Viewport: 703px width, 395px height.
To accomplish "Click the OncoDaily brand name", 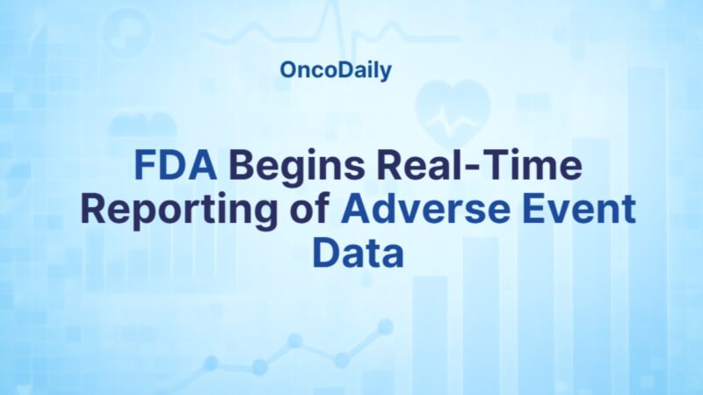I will point(336,71).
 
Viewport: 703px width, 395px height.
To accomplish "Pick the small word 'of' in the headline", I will point(311,212).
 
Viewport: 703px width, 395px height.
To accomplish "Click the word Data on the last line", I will point(358,253).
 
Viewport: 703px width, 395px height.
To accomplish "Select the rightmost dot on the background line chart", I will point(385,327).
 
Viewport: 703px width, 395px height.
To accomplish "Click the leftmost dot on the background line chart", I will point(211,363).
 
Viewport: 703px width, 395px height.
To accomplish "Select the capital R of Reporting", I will point(93,212).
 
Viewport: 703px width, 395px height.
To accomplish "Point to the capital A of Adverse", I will point(355,212).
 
